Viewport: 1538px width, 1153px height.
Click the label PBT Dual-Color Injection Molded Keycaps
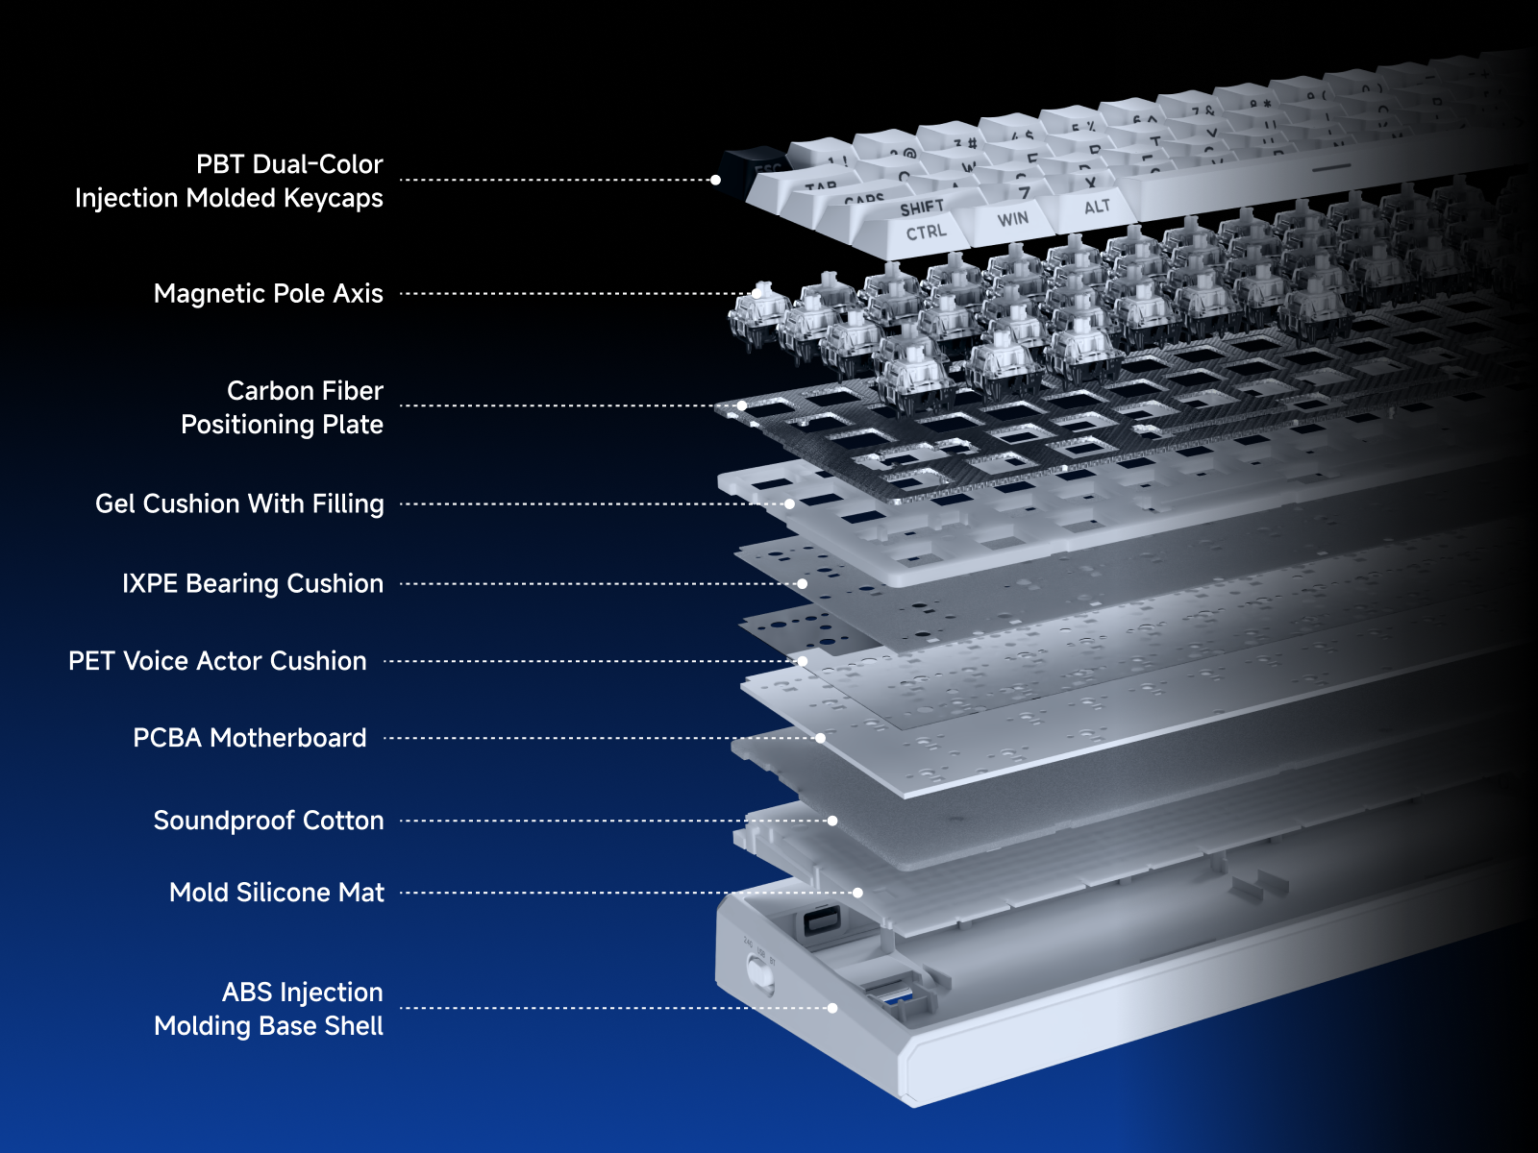[x=229, y=181]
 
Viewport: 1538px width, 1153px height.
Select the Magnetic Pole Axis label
[x=268, y=293]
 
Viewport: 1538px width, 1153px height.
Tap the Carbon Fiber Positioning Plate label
[x=282, y=407]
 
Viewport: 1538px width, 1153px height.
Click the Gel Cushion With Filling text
[x=239, y=503]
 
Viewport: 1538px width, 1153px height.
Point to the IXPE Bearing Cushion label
[x=252, y=583]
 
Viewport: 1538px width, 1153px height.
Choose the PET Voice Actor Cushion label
[x=217, y=661]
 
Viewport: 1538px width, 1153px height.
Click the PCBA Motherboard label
[x=250, y=738]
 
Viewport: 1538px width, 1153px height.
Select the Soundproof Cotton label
[x=268, y=821]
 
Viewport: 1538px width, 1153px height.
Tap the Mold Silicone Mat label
[x=277, y=893]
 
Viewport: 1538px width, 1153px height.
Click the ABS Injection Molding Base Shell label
[x=269, y=1009]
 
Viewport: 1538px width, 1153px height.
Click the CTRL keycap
[x=926, y=232]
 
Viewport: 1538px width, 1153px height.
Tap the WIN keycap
[x=1012, y=219]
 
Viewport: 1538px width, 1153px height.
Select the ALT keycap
[x=1097, y=207]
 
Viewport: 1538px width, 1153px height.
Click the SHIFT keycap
[x=921, y=208]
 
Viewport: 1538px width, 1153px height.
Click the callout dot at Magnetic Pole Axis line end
[x=757, y=293]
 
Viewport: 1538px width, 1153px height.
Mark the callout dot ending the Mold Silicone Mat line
[x=857, y=893]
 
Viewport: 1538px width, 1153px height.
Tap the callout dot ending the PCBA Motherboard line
[x=820, y=738]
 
